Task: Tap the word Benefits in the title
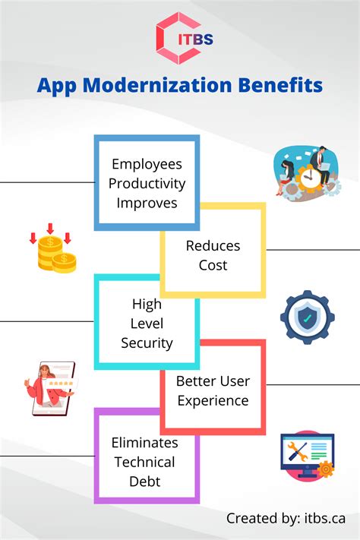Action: [280, 84]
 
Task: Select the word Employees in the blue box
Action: [147, 164]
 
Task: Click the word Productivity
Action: [147, 183]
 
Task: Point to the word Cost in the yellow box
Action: [213, 265]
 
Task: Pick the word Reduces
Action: [213, 246]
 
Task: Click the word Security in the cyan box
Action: [147, 343]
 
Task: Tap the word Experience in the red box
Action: [213, 400]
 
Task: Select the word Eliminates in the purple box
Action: [144, 442]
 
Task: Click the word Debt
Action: [144, 481]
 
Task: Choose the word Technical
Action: [144, 462]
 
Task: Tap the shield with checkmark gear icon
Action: [307, 317]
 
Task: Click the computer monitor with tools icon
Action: [304, 454]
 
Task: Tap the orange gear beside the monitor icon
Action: [326, 469]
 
